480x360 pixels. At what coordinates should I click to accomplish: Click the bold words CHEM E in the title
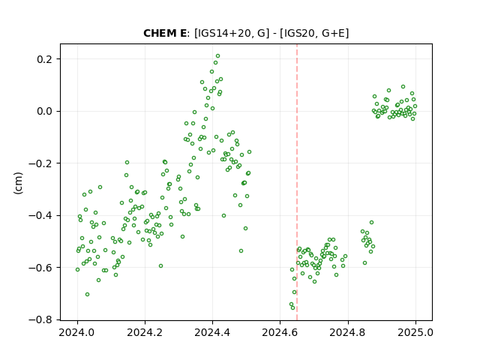point(165,33)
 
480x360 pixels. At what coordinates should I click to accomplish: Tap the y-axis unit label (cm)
point(18,183)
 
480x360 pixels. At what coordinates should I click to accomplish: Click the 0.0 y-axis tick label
point(45,111)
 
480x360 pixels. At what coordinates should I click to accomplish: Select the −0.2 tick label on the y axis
point(40,163)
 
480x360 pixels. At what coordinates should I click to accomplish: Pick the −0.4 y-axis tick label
point(40,215)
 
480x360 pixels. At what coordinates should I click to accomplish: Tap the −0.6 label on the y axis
point(40,268)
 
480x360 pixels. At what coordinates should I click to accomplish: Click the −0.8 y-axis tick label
point(40,319)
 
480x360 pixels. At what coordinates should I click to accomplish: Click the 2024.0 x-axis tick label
point(77,332)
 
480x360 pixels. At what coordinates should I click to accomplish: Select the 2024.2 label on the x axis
point(145,332)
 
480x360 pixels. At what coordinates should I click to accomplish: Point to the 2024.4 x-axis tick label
point(212,332)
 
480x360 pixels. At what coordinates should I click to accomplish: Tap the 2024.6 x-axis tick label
point(280,332)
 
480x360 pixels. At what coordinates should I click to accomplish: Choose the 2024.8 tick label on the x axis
point(348,332)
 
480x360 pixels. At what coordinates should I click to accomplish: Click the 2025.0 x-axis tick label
point(415,332)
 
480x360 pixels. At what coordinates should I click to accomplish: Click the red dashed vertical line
point(297,182)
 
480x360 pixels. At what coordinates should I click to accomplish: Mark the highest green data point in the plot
point(217,56)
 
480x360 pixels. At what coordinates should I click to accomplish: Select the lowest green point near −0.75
point(292,307)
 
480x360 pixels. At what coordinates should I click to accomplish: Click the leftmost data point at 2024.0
point(77,270)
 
